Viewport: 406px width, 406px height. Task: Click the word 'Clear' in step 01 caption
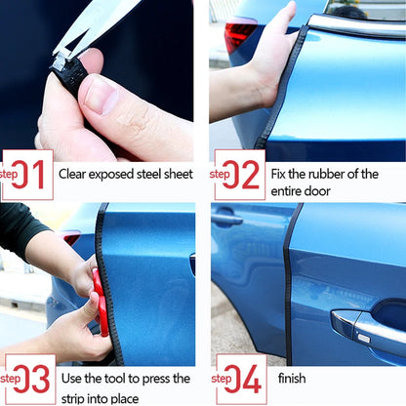coord(76,175)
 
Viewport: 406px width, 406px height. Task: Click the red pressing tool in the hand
coord(100,303)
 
